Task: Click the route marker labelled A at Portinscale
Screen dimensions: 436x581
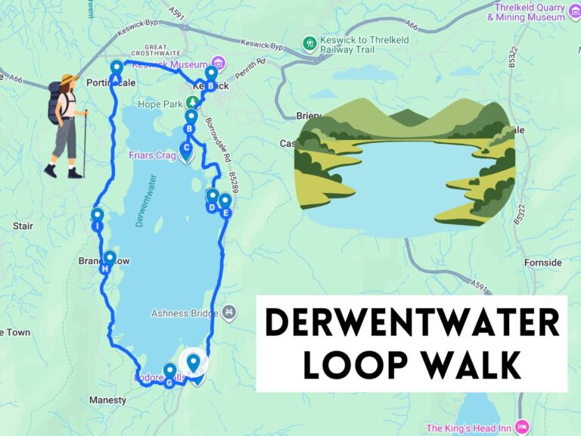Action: pos(117,69)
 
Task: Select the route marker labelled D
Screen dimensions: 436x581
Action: pos(212,199)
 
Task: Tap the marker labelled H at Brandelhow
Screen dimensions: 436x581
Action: pos(109,260)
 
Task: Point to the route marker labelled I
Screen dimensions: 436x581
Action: pos(98,217)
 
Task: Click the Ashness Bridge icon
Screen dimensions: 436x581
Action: pos(229,312)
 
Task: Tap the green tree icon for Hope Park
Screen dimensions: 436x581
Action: pos(194,103)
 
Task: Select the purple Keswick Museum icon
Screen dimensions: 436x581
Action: pos(219,63)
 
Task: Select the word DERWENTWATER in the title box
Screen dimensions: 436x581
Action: pos(412,322)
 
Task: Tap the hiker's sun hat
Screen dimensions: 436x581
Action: pos(69,79)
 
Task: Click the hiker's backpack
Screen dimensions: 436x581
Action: pos(54,103)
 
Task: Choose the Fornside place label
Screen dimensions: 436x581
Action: pos(543,263)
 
